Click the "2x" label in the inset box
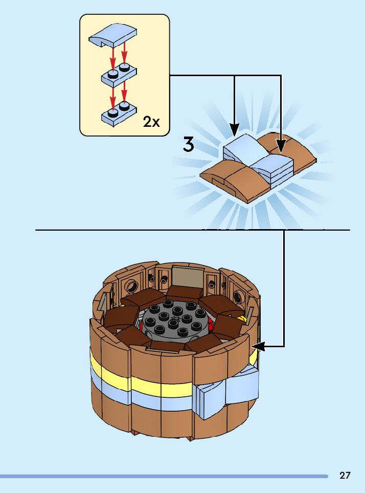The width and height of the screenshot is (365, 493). (151, 122)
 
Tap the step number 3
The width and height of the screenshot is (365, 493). (189, 145)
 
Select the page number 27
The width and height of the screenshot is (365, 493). (345, 476)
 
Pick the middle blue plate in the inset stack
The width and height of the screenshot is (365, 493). (119, 75)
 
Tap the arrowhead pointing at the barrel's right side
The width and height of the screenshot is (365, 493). (257, 346)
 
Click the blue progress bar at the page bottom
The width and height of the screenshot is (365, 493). (164, 476)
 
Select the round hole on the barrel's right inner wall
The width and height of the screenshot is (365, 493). (239, 297)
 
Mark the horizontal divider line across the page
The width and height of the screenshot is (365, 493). (153, 230)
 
